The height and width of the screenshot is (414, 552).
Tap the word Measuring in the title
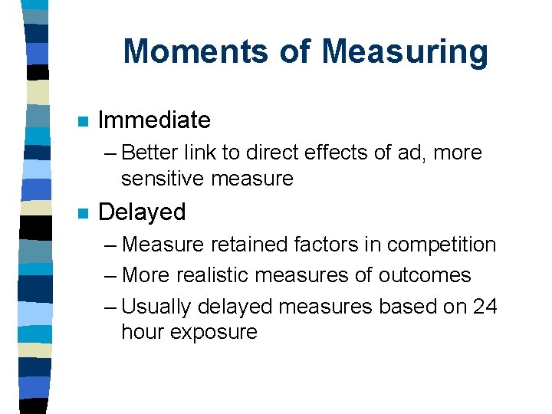405,51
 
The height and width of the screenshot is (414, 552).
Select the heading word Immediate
154,120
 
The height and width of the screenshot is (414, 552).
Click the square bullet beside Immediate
83,121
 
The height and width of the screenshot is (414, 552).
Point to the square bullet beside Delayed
83,212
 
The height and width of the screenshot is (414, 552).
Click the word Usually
158,306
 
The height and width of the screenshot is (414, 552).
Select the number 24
485,306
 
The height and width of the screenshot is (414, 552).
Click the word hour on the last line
146,332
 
